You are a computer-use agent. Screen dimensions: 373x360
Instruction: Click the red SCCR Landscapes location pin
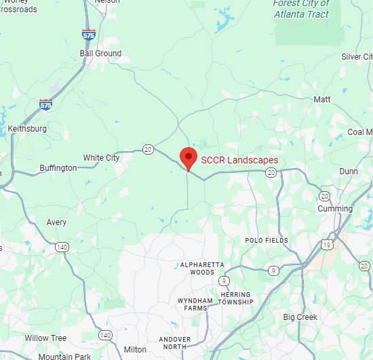pyautogui.click(x=188, y=157)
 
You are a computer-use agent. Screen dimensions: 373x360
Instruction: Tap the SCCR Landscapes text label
pyautogui.click(x=239, y=161)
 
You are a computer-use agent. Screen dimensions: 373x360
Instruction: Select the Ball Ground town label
pyautogui.click(x=100, y=54)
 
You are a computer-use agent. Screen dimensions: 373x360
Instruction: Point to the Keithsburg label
pyautogui.click(x=27, y=128)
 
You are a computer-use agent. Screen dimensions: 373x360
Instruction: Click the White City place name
pyautogui.click(x=101, y=158)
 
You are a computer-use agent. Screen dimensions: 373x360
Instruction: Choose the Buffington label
pyautogui.click(x=58, y=168)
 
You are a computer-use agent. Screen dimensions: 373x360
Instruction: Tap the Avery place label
pyautogui.click(x=57, y=222)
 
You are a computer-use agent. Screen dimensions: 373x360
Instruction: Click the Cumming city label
pyautogui.click(x=336, y=209)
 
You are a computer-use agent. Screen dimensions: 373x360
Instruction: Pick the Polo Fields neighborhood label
pyautogui.click(x=267, y=240)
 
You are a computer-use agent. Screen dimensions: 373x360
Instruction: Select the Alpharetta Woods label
pyautogui.click(x=197, y=268)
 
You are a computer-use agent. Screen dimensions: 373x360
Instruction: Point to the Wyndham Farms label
pyautogui.click(x=195, y=304)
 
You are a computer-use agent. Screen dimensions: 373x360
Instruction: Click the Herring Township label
pyautogui.click(x=236, y=298)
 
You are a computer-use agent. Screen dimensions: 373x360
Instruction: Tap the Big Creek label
pyautogui.click(x=300, y=317)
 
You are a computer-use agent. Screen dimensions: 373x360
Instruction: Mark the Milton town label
pyautogui.click(x=135, y=350)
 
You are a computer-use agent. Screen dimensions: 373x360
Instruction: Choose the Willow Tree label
pyautogui.click(x=46, y=338)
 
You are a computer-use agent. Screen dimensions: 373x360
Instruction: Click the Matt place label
pyautogui.click(x=322, y=100)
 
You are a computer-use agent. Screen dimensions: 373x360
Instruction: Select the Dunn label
pyautogui.click(x=349, y=172)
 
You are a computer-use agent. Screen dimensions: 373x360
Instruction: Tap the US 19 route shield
pyautogui.click(x=328, y=245)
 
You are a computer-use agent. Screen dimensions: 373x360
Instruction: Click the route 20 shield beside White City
pyautogui.click(x=148, y=149)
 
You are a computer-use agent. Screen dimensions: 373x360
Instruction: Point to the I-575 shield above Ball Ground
pyautogui.click(x=89, y=35)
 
